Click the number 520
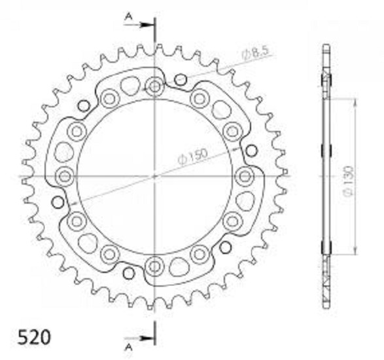click(35, 337)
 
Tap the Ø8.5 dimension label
click(255, 53)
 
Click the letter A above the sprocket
click(129, 16)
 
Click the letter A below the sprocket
click(128, 348)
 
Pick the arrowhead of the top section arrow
click(147, 25)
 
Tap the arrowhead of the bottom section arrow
click(147, 338)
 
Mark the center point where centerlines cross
click(154, 176)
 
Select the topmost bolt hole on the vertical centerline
click(154, 86)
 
